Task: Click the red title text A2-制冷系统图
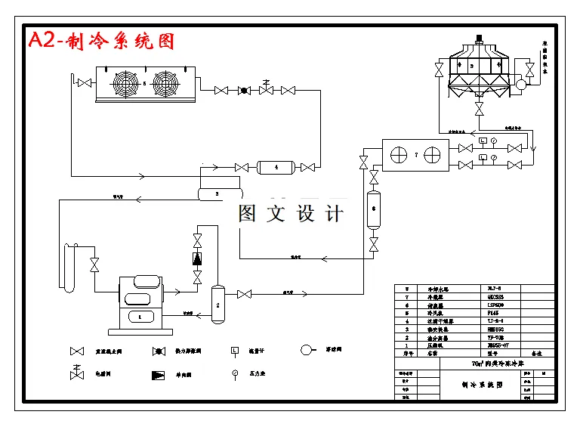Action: tap(101, 41)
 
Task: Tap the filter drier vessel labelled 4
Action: tap(276, 167)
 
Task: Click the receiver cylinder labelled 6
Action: tap(373, 210)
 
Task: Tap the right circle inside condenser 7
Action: tap(432, 155)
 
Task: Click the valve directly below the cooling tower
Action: tap(479, 110)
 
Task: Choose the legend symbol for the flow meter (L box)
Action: tap(235, 351)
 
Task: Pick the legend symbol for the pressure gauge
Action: tap(235, 373)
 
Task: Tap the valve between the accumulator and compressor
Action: tap(94, 265)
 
